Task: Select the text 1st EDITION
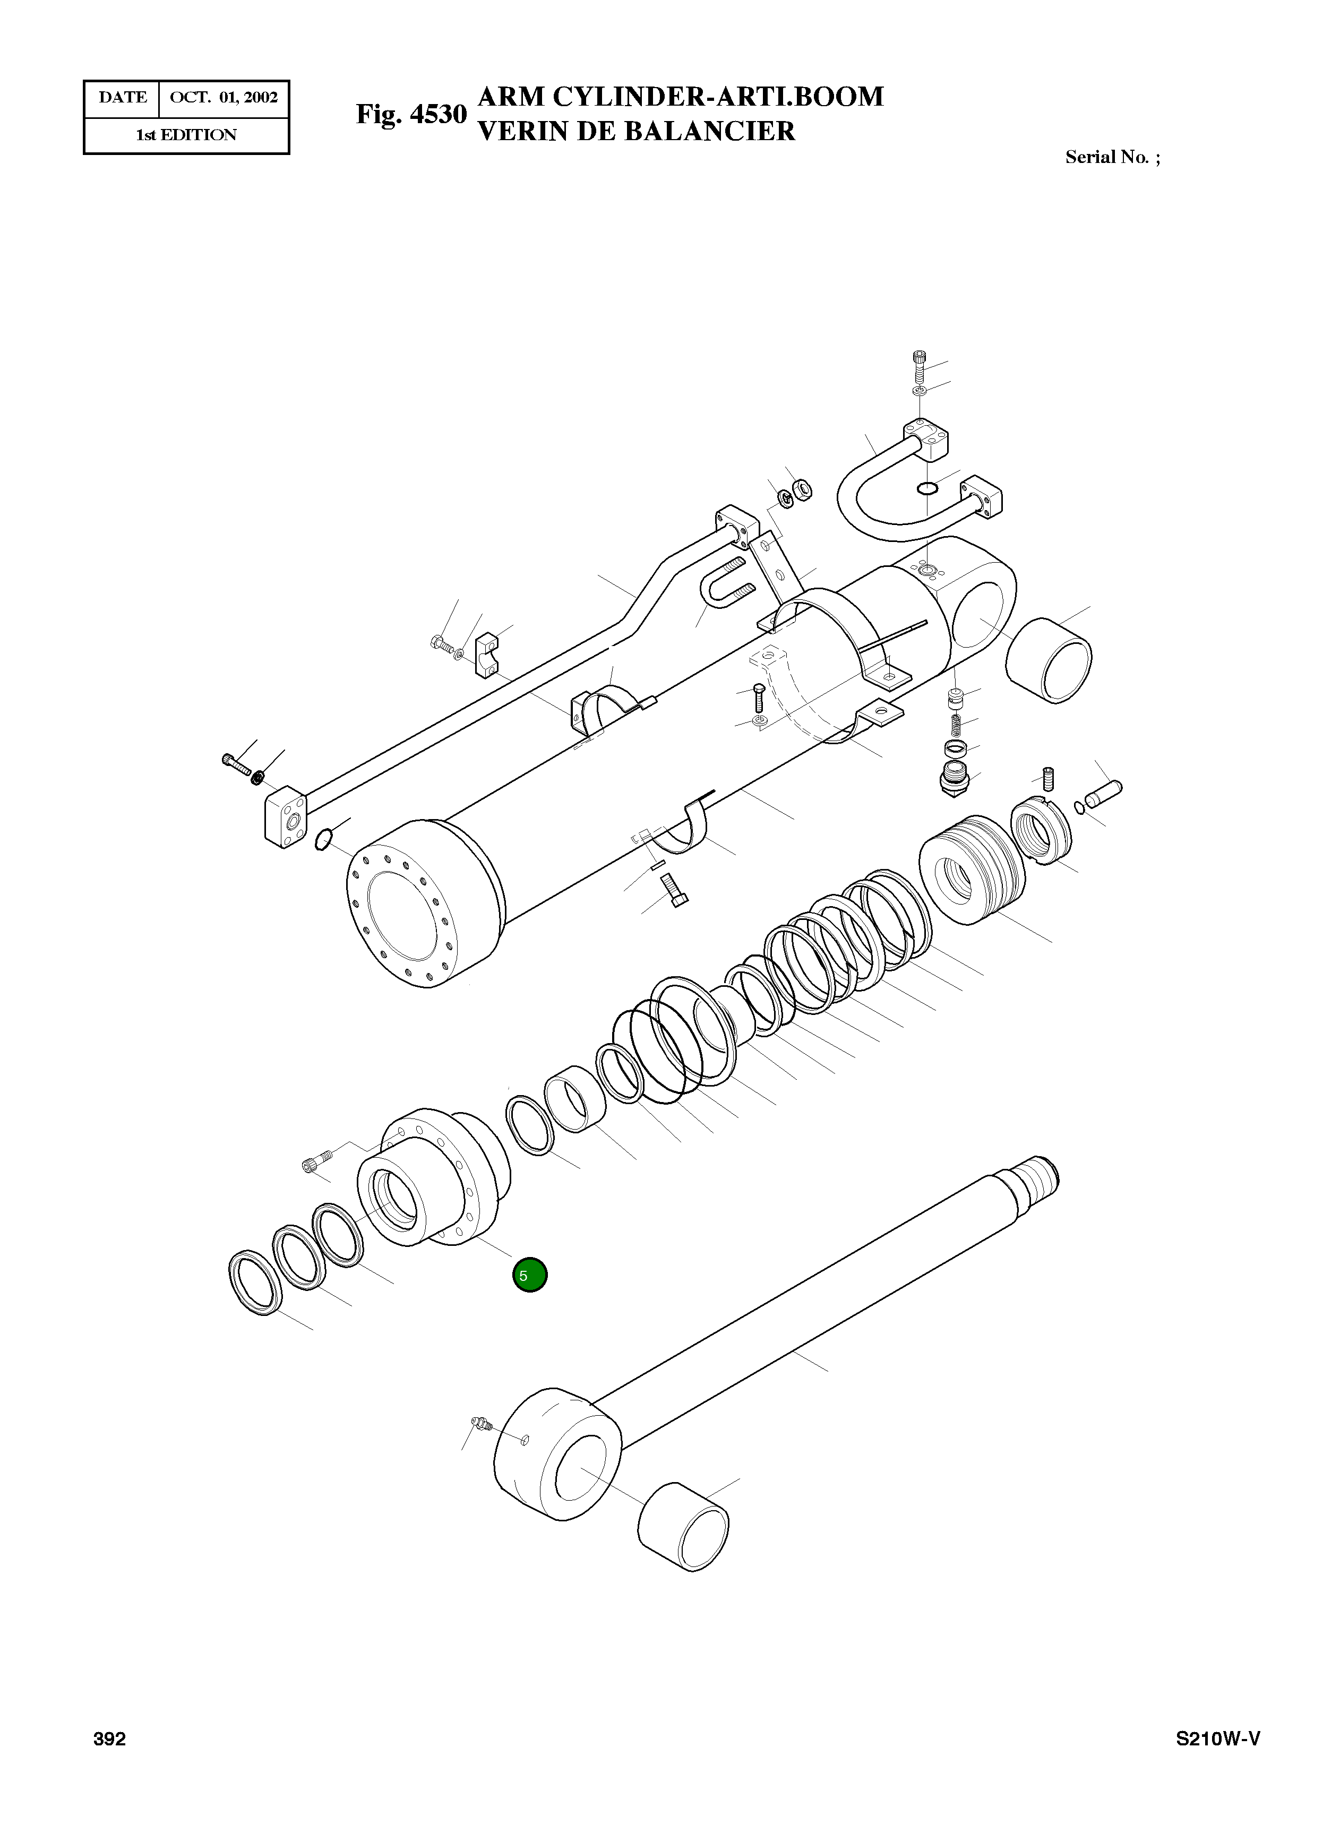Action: coord(186,135)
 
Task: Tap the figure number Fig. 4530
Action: coord(411,114)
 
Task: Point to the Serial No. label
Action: coord(1112,157)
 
